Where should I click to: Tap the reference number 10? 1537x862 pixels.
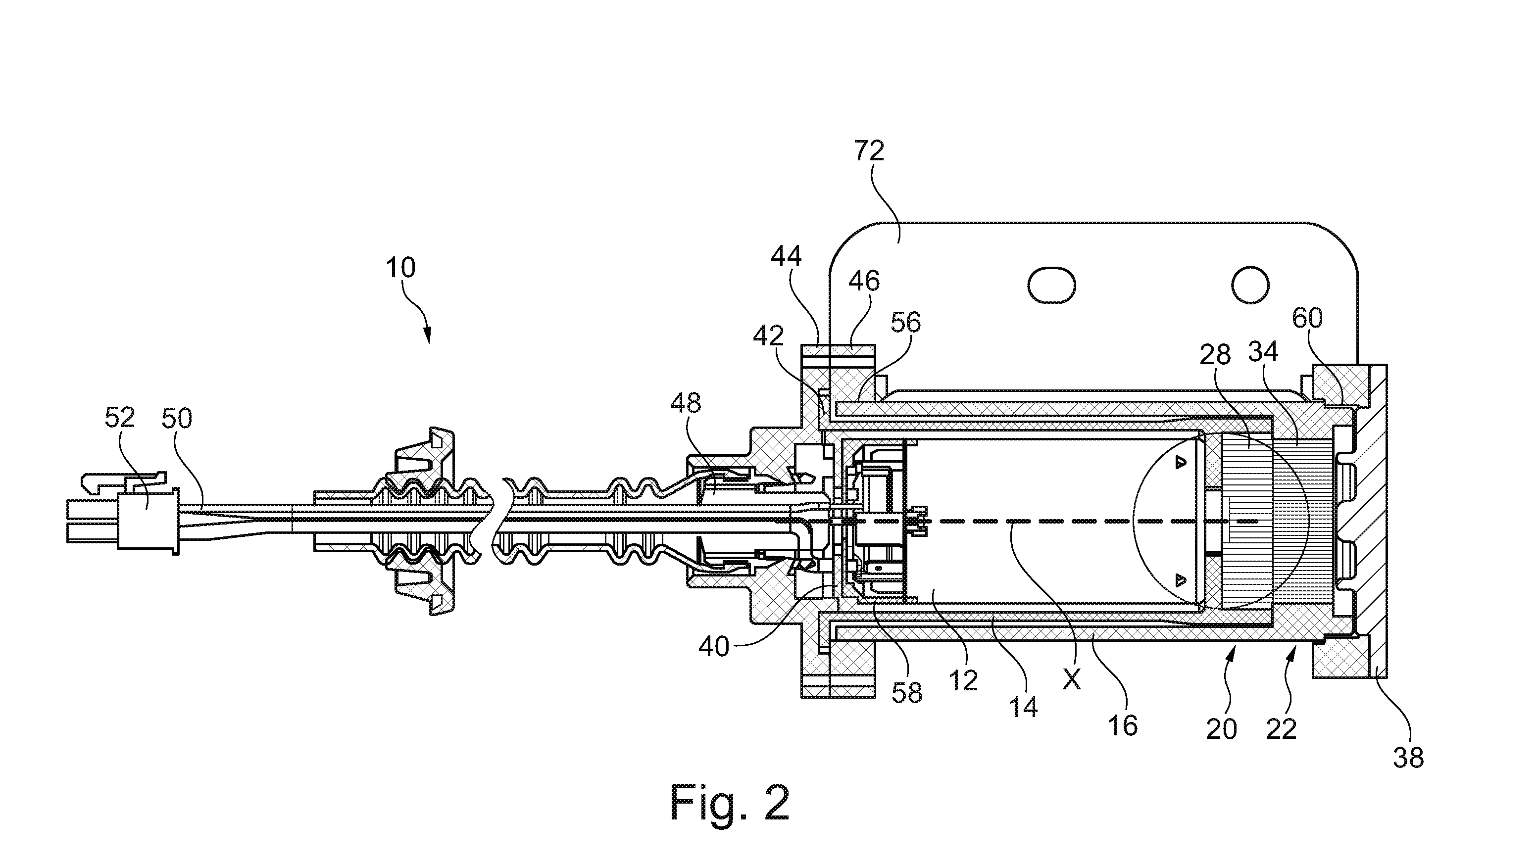point(400,268)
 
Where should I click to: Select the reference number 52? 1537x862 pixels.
point(120,418)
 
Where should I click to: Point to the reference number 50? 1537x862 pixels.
point(177,418)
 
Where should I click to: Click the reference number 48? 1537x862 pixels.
point(686,404)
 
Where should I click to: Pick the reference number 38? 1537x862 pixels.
point(1408,758)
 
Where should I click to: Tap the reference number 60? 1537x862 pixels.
point(1307,319)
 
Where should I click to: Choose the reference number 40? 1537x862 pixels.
point(714,647)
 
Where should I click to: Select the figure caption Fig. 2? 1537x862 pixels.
point(730,803)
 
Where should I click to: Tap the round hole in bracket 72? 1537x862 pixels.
point(1250,285)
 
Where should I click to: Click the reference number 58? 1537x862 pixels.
point(907,693)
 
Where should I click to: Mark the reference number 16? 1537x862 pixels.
point(1123,725)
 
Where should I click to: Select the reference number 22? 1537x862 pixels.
point(1281,729)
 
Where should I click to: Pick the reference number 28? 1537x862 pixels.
point(1215,355)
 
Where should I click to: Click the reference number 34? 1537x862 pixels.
point(1263,352)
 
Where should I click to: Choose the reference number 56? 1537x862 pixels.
point(906,323)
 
